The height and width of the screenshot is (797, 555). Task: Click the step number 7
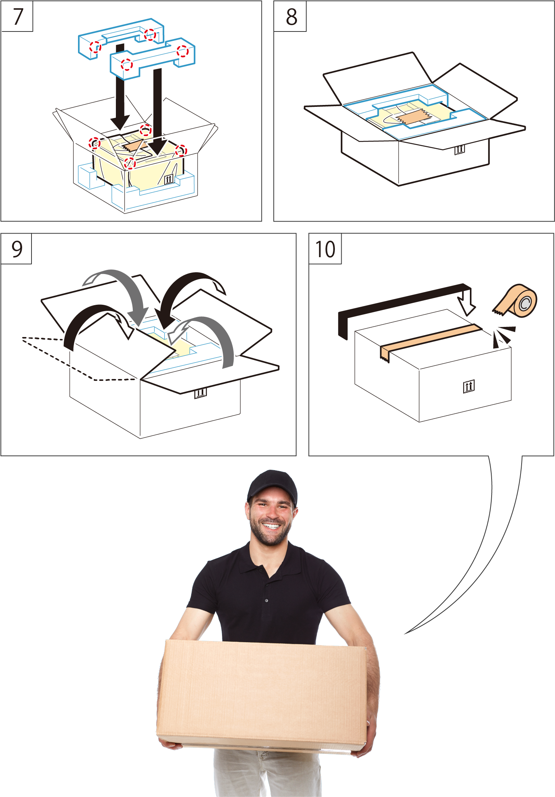[x=18, y=17]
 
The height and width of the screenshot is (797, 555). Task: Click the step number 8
[x=291, y=17]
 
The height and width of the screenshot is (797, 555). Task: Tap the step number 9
[x=17, y=249]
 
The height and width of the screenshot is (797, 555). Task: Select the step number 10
[x=325, y=249]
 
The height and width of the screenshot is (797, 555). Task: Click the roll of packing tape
[x=518, y=301]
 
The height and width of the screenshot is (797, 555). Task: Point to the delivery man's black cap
[x=272, y=485]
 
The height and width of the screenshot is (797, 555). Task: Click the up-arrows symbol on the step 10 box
[x=469, y=386]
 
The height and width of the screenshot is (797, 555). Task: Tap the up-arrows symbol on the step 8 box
[x=459, y=149]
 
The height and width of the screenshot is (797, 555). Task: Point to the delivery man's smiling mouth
[x=271, y=526]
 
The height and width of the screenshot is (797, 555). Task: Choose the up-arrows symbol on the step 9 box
[x=201, y=393]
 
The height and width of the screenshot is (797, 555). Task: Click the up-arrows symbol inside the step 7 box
[x=169, y=179]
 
